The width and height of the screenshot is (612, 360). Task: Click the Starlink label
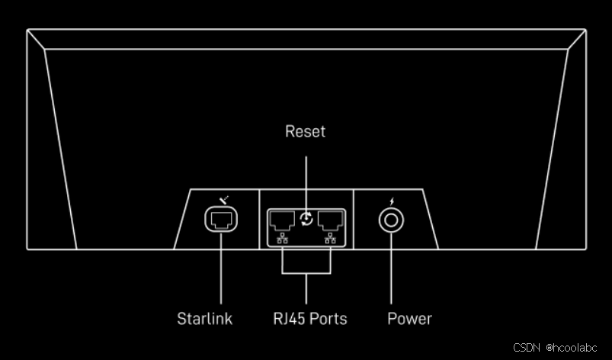coord(204,318)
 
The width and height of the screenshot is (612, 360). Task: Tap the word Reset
coord(305,131)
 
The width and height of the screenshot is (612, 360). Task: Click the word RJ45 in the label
coord(288,318)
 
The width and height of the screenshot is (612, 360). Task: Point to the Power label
coord(409,318)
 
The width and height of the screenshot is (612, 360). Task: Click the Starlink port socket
coord(221,220)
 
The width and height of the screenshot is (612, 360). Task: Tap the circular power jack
coord(392,220)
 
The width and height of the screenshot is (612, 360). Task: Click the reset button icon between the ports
coord(306,220)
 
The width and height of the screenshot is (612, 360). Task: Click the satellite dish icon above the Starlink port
coord(221,201)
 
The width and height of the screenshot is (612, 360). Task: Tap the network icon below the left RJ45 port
coord(282,239)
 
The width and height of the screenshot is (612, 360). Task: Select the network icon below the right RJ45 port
coord(330,239)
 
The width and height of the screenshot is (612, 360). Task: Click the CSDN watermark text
coord(525,347)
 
